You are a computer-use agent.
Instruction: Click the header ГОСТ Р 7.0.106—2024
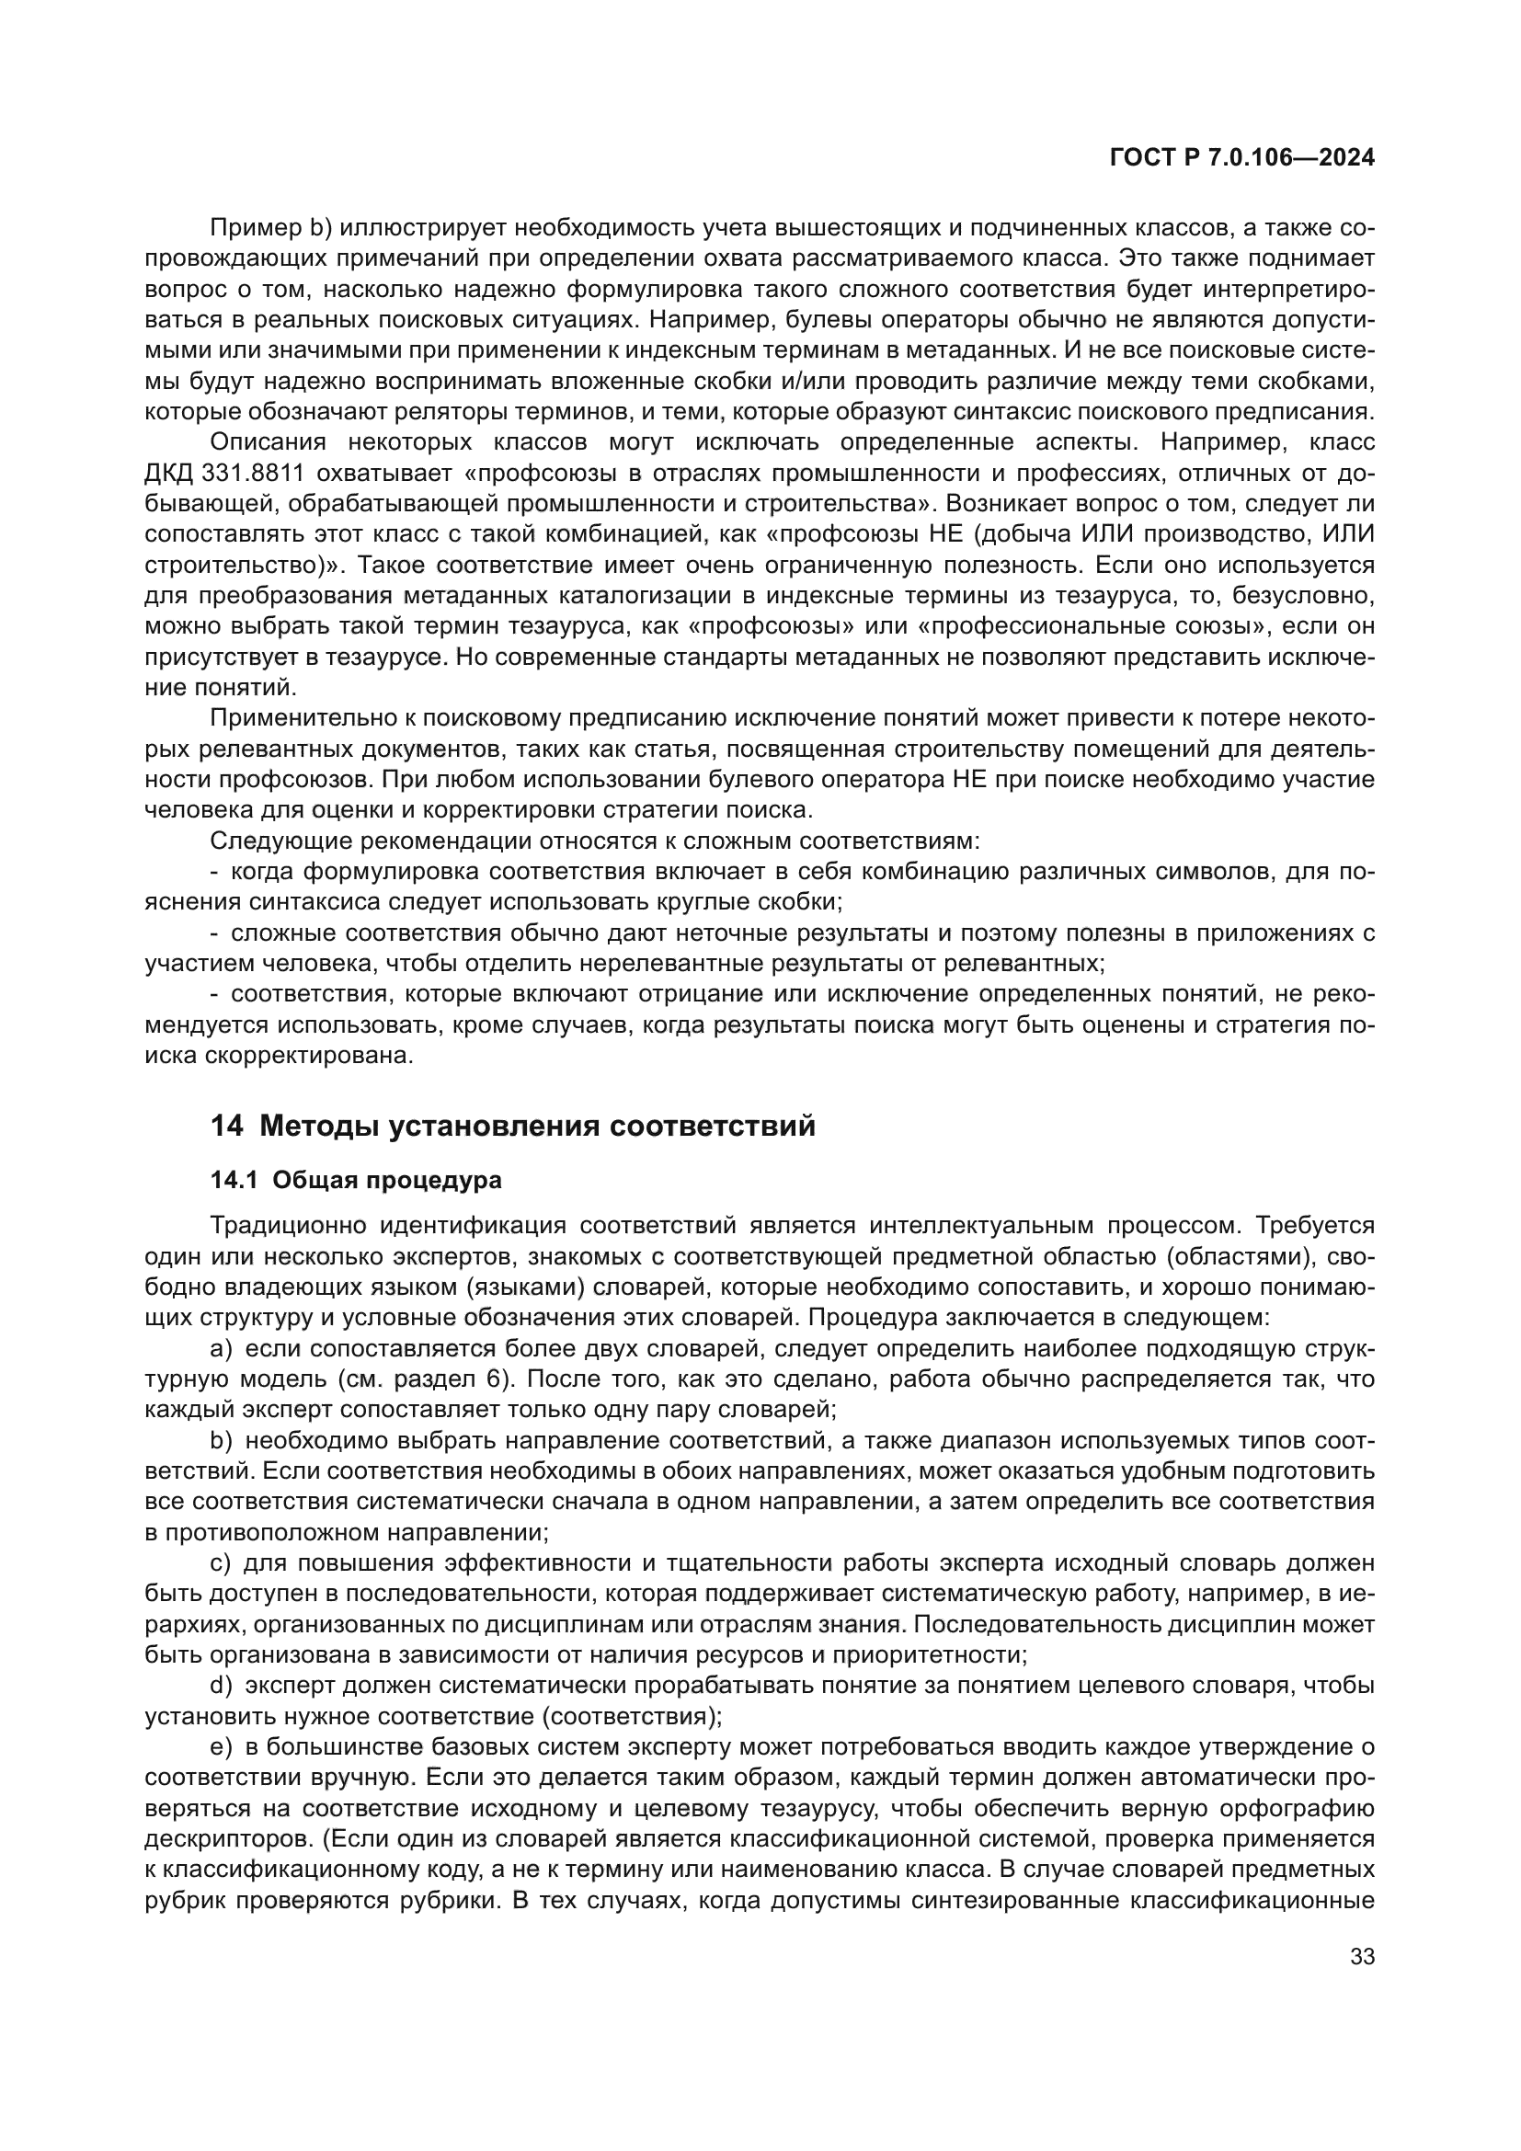click(1241, 158)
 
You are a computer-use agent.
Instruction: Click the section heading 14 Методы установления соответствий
click(512, 1125)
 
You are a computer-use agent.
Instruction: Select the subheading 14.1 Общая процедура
click(356, 1181)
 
